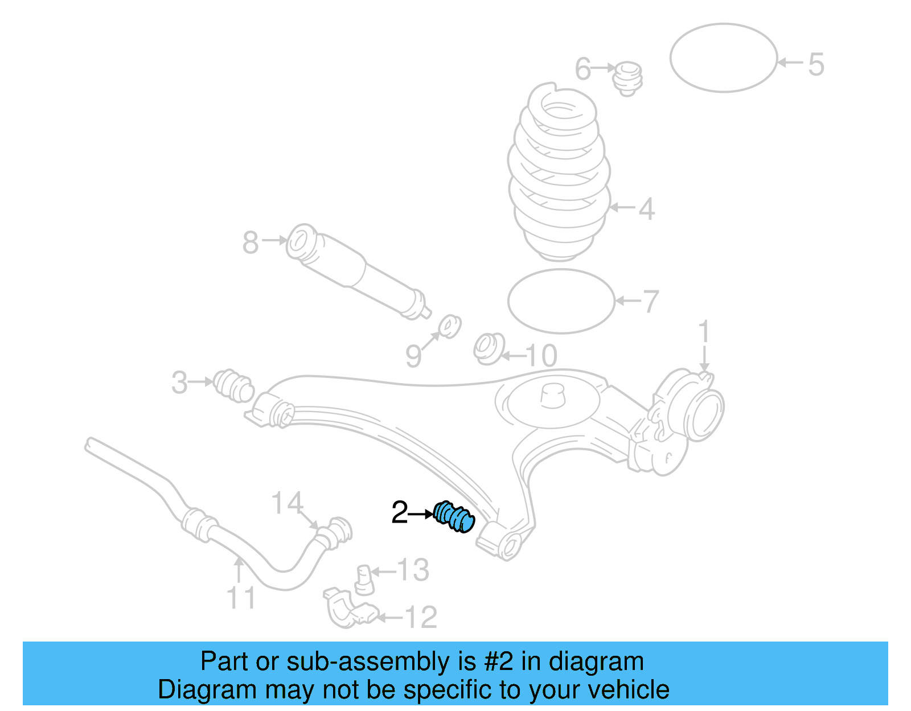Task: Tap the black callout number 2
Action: (400, 513)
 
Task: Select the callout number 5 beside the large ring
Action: (816, 64)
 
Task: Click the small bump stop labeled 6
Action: (628, 78)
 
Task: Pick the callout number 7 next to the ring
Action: (650, 301)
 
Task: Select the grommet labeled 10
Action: (489, 348)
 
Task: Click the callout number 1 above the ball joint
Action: (704, 331)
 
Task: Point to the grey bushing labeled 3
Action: (234, 385)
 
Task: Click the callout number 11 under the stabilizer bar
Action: (241, 598)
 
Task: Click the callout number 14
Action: (287, 503)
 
